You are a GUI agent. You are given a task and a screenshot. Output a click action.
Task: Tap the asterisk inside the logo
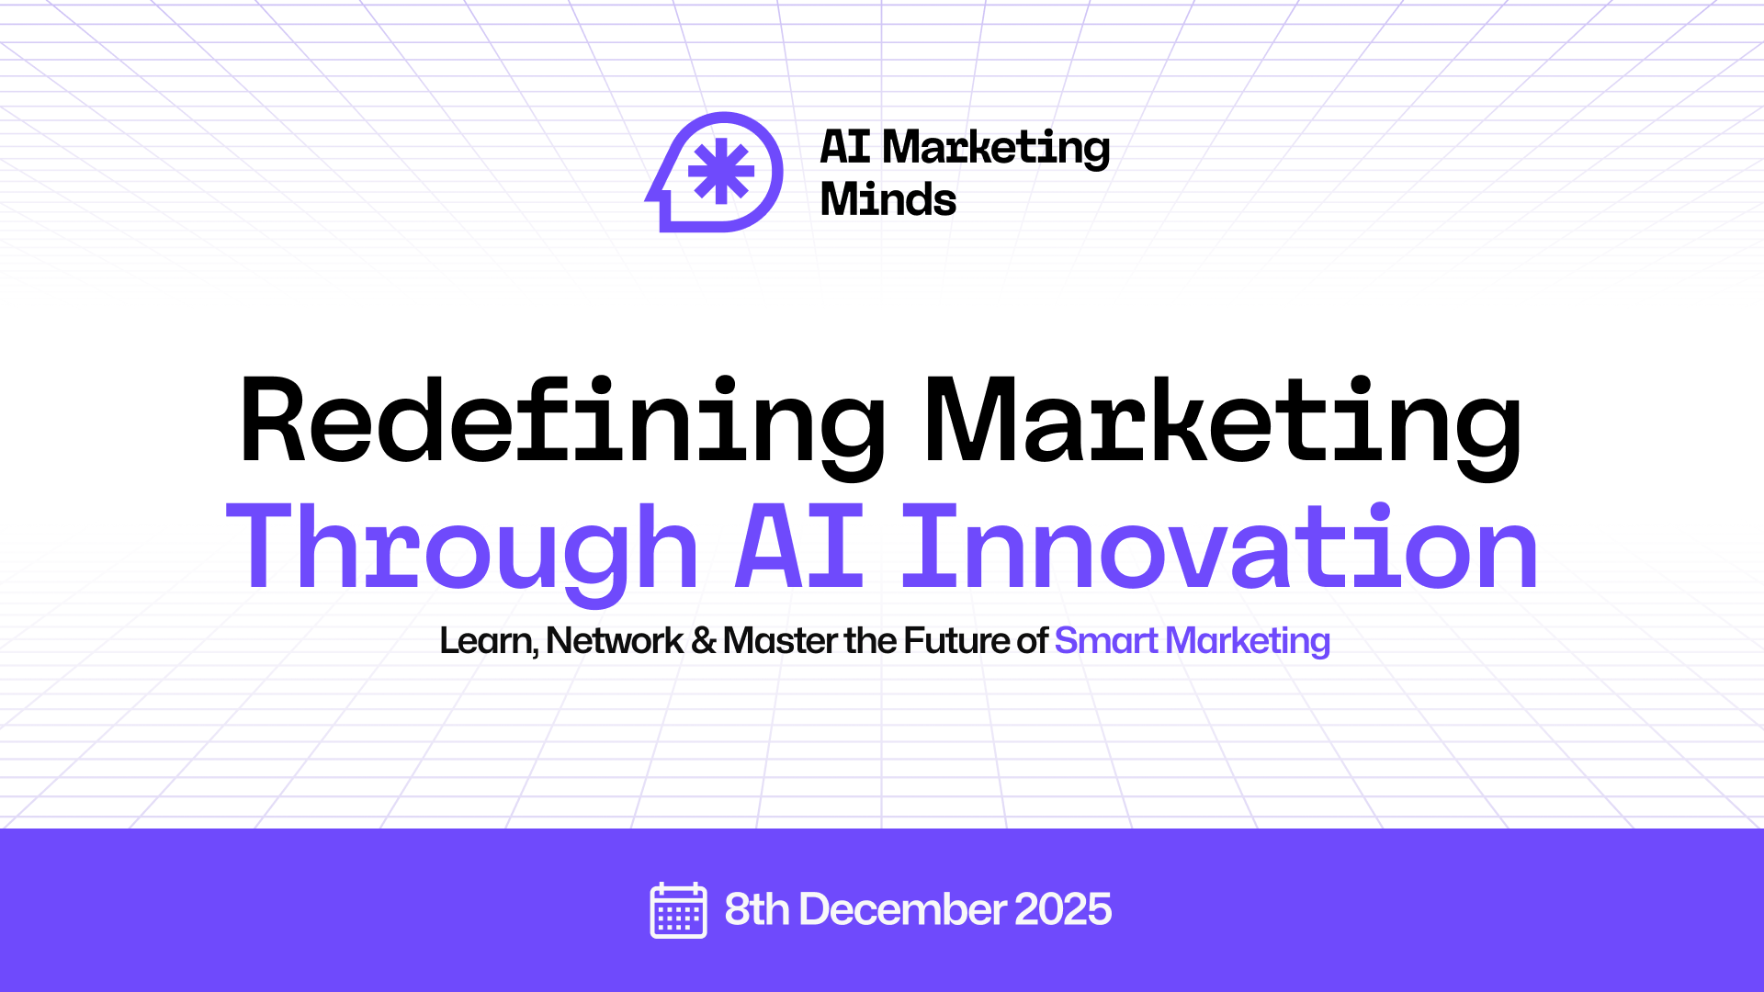[721, 171]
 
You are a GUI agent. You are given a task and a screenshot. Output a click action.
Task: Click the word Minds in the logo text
[888, 199]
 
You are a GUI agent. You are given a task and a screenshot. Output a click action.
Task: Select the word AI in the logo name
[844, 147]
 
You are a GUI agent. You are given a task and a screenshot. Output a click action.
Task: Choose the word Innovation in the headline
[1219, 549]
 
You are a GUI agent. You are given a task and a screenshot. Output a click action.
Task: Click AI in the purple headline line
[799, 549]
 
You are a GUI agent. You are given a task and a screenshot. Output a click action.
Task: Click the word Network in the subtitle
[615, 641]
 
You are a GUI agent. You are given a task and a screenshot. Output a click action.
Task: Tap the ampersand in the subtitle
[704, 641]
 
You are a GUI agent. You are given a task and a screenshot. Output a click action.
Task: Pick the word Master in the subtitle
[780, 641]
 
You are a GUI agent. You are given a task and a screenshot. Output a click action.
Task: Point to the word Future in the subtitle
[956, 641]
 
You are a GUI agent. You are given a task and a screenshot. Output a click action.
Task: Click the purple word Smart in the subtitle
[1106, 641]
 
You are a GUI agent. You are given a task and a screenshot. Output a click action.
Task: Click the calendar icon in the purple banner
[678, 910]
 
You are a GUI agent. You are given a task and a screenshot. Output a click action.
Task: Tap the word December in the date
[903, 910]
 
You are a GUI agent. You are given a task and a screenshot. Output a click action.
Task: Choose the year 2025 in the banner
[1063, 910]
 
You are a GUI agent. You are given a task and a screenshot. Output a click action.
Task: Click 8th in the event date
[756, 910]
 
